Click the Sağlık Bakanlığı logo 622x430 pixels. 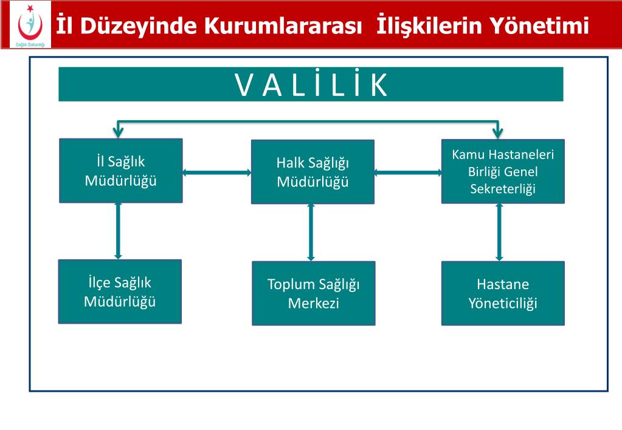(26, 25)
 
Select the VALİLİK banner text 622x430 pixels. (311, 85)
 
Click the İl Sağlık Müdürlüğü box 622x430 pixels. (120, 171)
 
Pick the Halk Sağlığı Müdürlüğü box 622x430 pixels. (313, 172)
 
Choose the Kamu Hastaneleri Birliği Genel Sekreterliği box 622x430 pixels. (503, 171)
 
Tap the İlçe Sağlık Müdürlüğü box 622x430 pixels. (120, 292)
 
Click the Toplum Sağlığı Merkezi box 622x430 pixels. (313, 293)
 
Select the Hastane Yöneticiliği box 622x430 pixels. (503, 293)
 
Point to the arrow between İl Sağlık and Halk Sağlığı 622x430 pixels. (216, 173)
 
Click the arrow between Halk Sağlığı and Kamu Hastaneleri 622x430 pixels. (408, 173)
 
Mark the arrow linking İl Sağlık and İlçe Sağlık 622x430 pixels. (118, 231)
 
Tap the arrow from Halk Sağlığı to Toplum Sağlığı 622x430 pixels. (311, 233)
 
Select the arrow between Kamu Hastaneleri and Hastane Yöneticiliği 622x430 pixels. (500, 232)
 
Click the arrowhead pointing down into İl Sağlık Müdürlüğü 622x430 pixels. (119, 131)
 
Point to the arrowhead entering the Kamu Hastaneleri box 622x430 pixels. (498, 131)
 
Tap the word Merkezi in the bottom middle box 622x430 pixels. (313, 303)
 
